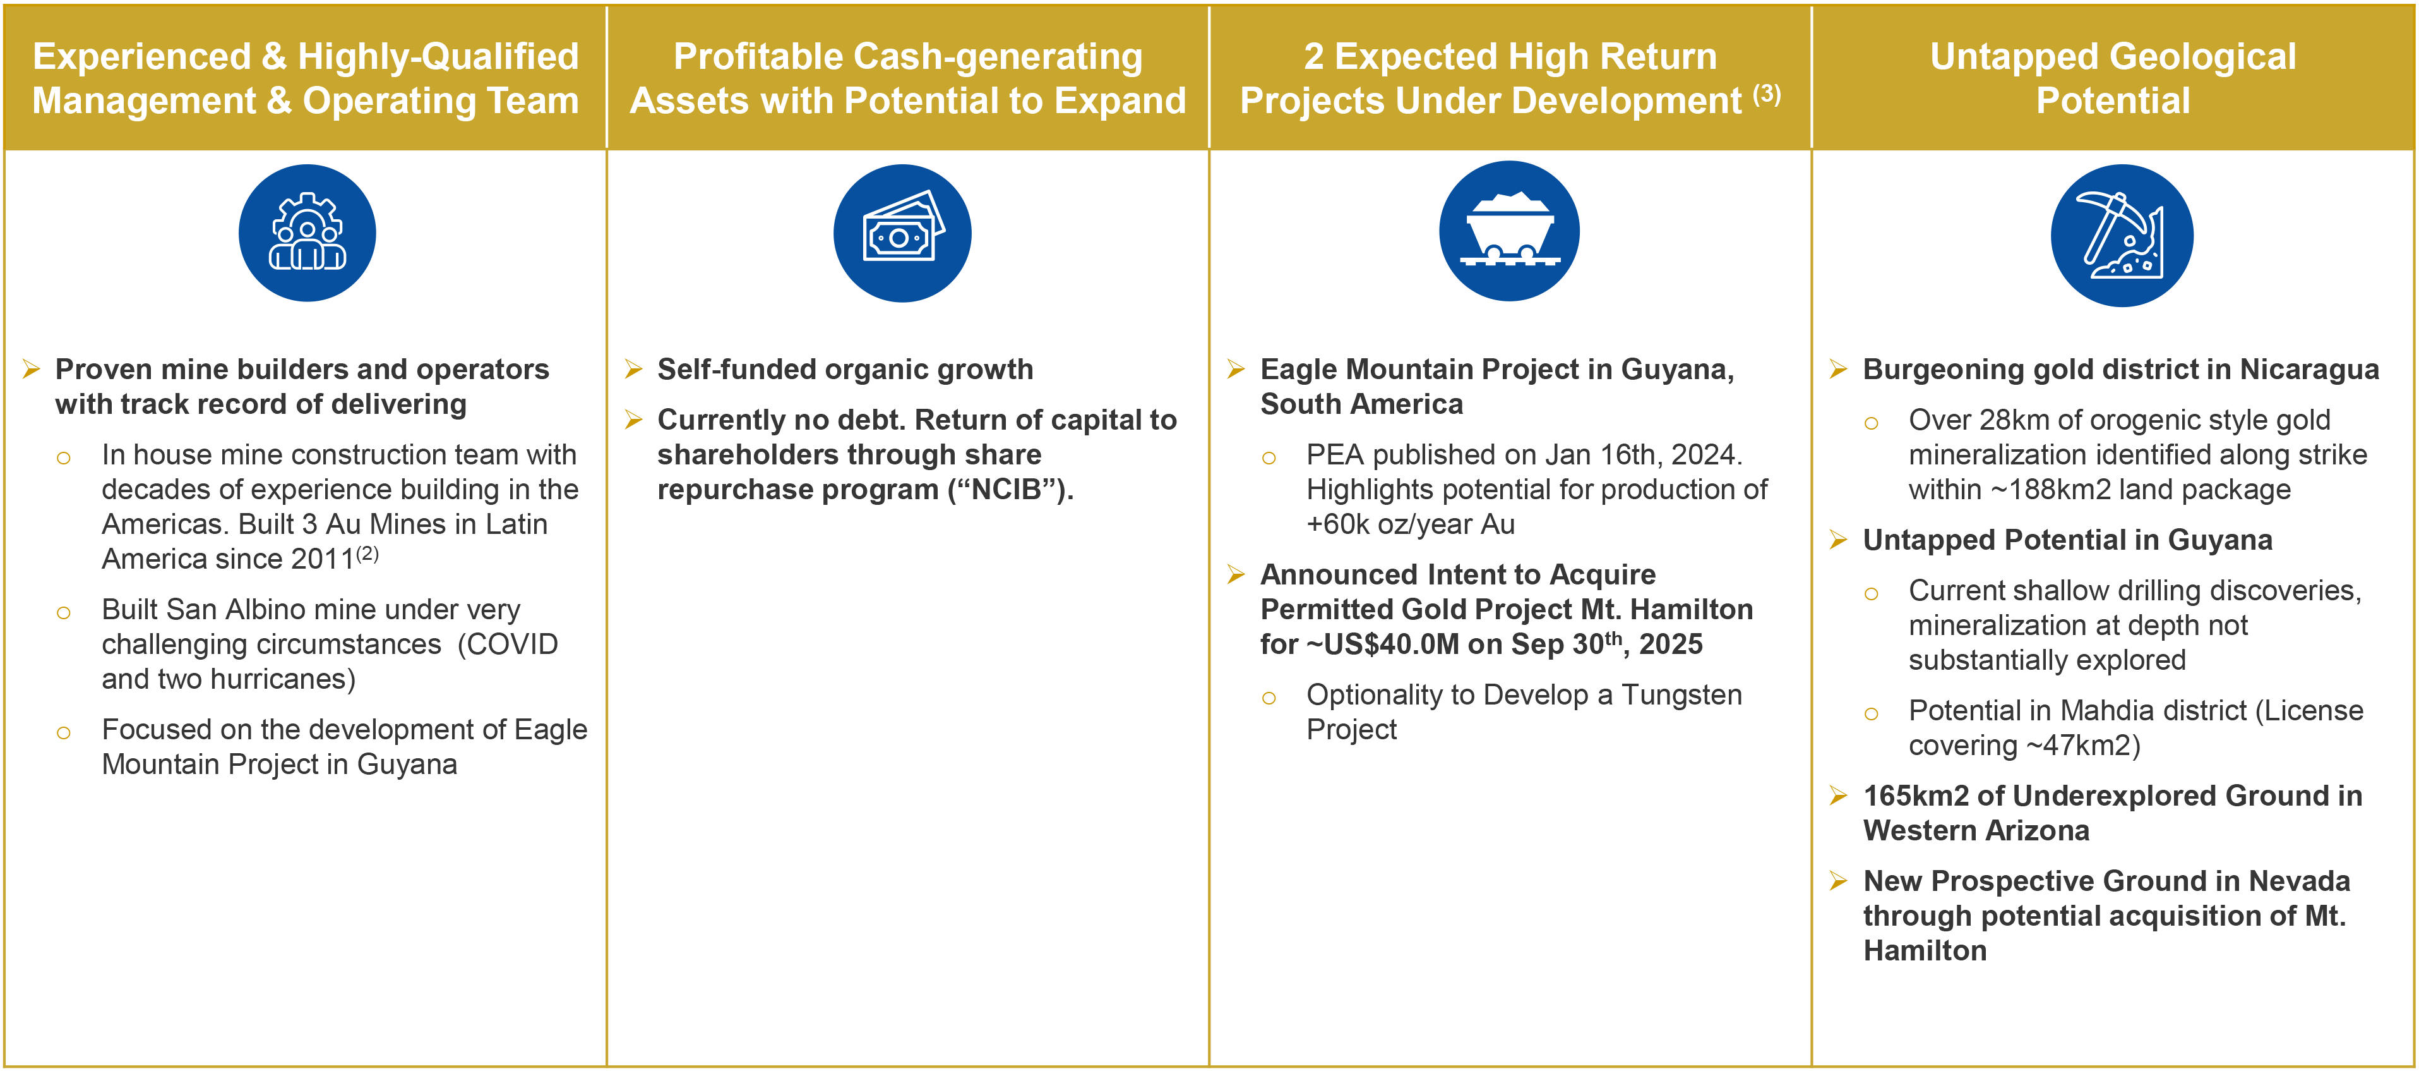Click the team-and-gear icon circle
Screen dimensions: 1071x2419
pos(307,233)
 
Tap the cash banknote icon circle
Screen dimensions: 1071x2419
pos(902,233)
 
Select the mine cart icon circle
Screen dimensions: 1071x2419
pos(1509,231)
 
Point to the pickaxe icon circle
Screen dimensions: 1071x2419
pos(2122,235)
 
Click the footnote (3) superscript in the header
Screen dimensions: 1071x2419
pos(1766,94)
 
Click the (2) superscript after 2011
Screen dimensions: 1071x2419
pos(367,554)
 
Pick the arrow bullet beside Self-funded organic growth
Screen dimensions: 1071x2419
pos(634,369)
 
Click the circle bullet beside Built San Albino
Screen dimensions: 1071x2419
pos(64,612)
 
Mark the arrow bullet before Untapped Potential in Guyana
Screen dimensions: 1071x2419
pos(1839,540)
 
